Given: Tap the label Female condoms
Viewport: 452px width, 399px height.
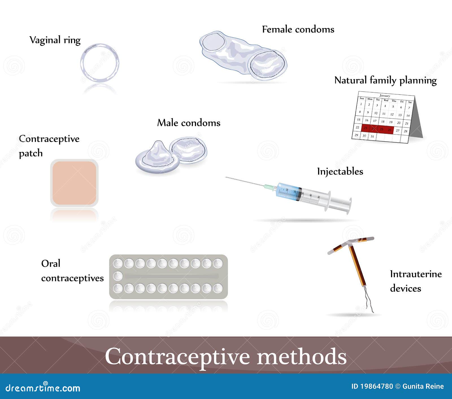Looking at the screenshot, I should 298,29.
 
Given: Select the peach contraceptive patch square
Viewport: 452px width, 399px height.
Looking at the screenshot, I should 74,183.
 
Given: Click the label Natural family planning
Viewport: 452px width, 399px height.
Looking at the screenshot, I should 385,80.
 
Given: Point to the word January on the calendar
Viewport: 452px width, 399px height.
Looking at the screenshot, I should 384,95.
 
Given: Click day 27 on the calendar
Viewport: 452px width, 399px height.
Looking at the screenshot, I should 397,130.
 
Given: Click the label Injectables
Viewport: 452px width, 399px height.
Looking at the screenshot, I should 340,171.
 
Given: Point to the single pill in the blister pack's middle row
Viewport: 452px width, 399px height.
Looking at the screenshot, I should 118,276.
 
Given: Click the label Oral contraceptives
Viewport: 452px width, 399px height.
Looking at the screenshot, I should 72,271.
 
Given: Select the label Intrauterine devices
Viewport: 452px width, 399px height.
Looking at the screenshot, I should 415,281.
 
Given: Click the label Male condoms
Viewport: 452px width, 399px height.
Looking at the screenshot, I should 188,123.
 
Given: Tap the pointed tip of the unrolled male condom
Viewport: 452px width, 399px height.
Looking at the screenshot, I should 157,143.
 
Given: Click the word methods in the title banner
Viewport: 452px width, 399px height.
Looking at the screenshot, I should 301,356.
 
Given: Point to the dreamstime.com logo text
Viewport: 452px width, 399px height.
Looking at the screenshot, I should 43,388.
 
